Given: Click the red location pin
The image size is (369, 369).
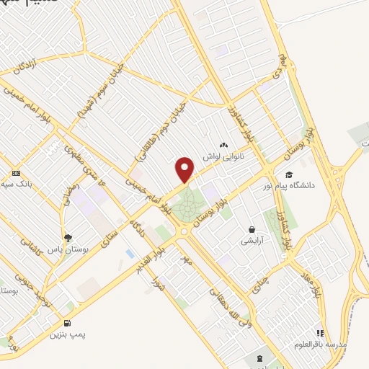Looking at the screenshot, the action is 185,170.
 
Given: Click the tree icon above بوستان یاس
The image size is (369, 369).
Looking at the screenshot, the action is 68,237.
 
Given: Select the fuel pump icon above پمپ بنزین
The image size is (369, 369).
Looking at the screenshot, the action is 68,324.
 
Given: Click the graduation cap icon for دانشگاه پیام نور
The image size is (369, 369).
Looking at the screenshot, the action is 289,174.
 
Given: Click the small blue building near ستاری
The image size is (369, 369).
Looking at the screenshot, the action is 130,254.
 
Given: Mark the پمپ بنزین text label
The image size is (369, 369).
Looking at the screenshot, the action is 67,335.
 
